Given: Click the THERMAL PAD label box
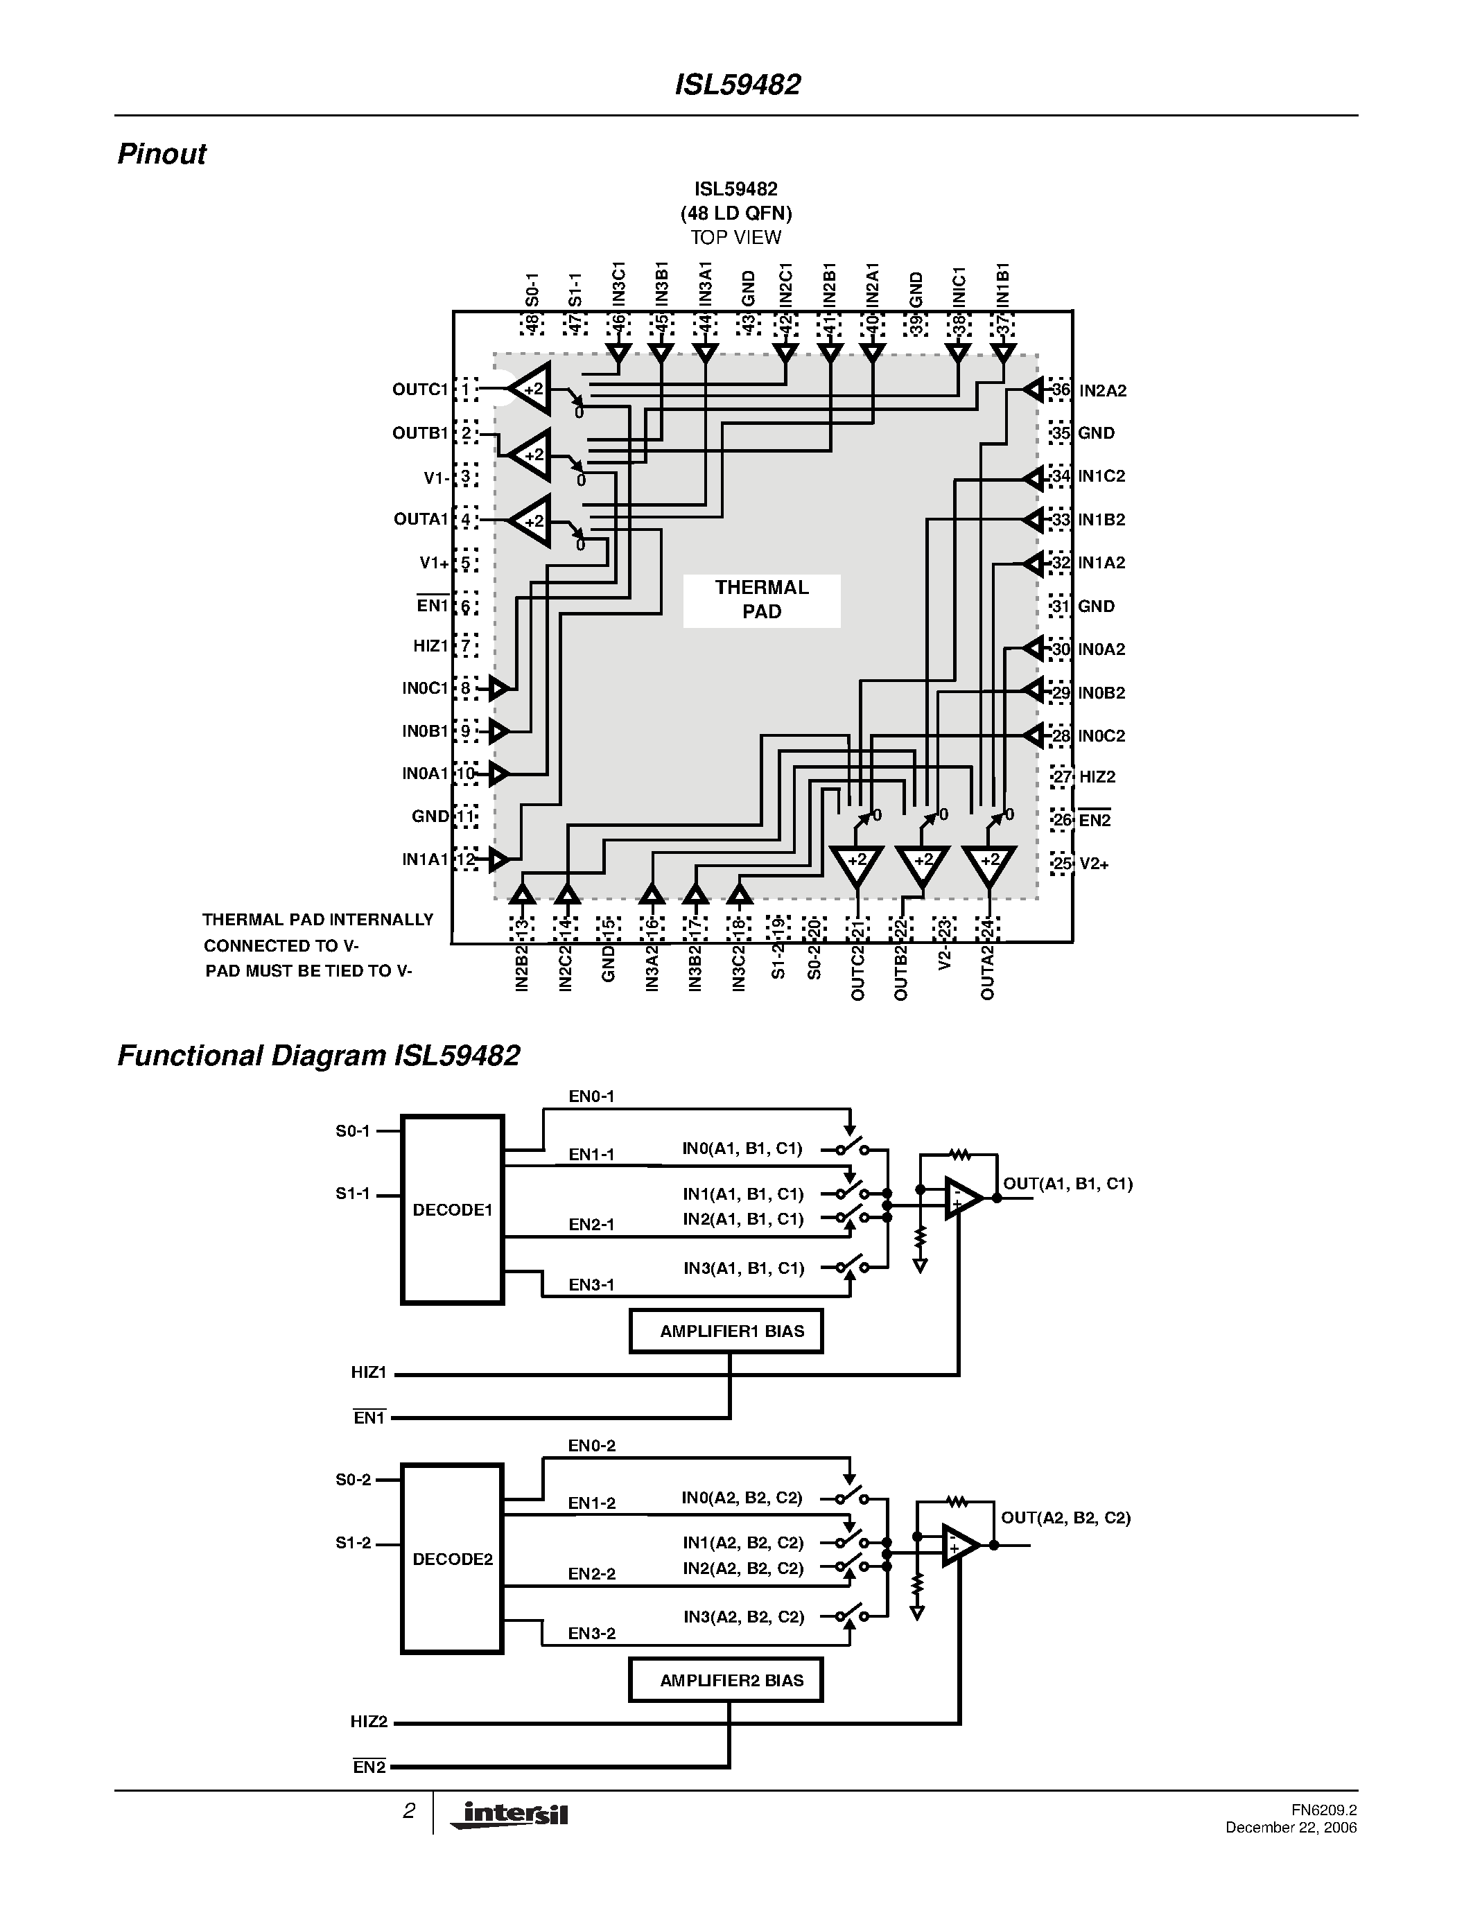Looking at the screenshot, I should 761,600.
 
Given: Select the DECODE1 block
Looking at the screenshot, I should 452,1209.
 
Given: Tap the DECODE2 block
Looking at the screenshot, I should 452,1559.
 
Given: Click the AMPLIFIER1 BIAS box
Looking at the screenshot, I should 726,1331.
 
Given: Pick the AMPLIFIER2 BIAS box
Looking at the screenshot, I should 726,1680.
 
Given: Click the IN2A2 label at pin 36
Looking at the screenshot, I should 1102,391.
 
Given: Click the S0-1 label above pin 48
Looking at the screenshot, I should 533,290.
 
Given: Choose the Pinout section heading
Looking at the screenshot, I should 162,154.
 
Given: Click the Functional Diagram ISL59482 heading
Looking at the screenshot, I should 318,1056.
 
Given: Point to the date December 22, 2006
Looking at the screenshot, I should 1291,1828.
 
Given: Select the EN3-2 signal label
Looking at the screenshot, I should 592,1633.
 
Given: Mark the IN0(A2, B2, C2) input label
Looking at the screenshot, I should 742,1498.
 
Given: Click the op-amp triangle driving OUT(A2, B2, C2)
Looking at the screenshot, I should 959,1546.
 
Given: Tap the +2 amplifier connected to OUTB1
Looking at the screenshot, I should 530,455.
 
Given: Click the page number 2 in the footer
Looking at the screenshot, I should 408,1812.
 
